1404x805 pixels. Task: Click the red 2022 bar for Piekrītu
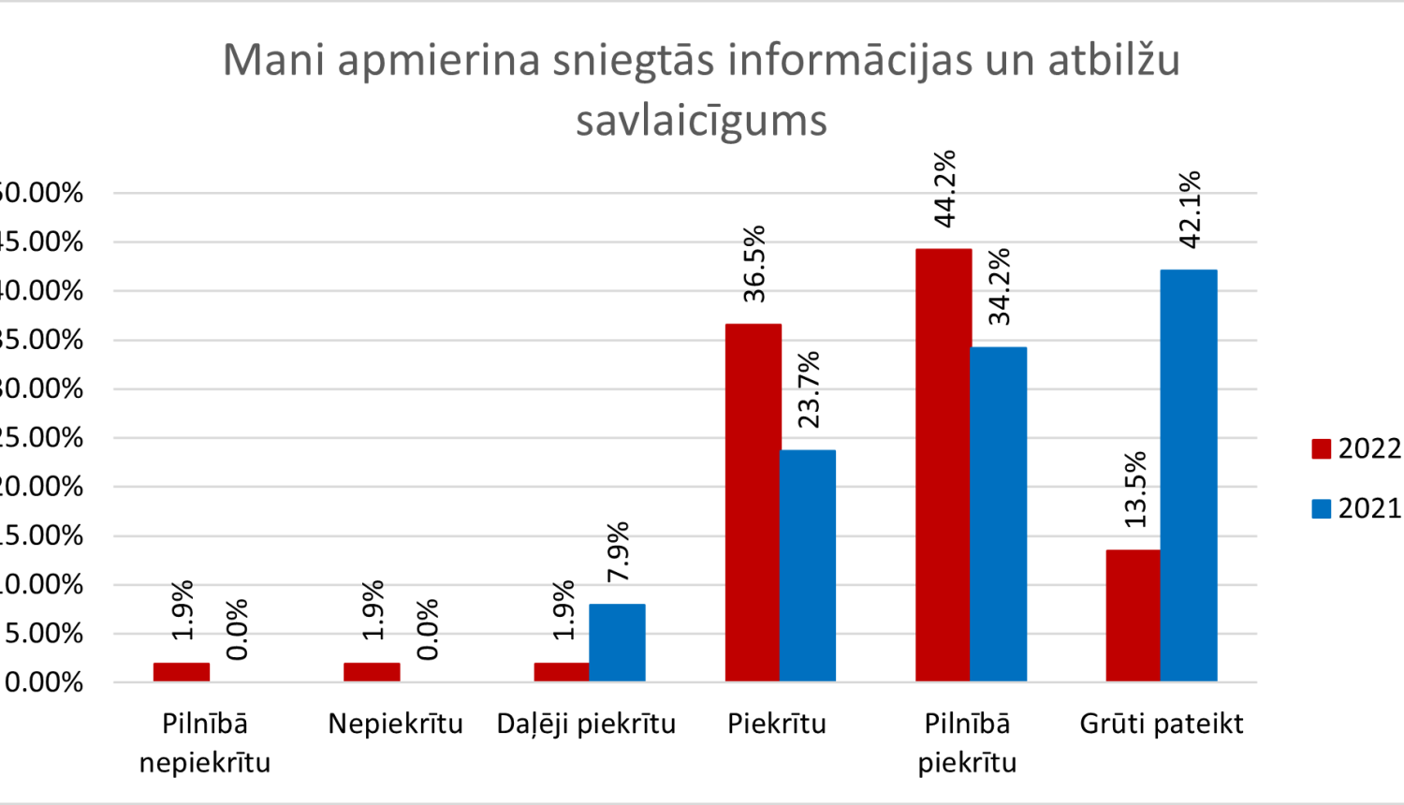click(753, 503)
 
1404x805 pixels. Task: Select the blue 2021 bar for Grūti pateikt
click(1188, 476)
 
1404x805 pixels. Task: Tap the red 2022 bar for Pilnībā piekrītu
click(943, 465)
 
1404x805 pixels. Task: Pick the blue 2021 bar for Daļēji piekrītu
click(617, 643)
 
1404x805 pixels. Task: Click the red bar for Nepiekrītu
click(372, 672)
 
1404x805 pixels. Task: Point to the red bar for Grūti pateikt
click(1133, 616)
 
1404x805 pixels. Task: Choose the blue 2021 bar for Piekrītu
click(807, 565)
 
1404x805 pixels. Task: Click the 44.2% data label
click(945, 188)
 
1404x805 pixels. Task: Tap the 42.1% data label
click(1190, 210)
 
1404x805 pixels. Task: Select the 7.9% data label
click(618, 552)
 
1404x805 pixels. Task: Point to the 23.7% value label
click(809, 389)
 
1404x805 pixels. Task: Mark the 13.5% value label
click(1134, 490)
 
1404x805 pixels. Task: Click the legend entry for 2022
click(1356, 448)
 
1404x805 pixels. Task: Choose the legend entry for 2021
click(1356, 508)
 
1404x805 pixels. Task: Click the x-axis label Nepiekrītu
click(395, 724)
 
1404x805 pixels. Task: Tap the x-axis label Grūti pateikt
click(1161, 724)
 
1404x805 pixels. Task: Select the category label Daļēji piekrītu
click(586, 724)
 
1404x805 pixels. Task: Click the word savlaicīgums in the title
click(701, 121)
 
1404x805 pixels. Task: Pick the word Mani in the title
click(272, 60)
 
